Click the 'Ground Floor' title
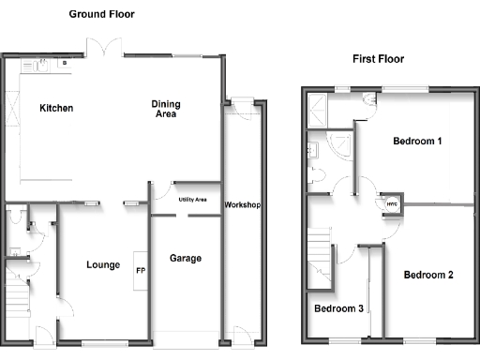(101, 14)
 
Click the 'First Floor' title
(378, 58)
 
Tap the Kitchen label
(56, 109)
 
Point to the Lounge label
(102, 265)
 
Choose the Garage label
(186, 259)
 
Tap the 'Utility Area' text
(193, 200)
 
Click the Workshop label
(242, 205)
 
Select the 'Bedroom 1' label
(417, 142)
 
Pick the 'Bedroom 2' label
(428, 276)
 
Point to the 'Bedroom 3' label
(337, 308)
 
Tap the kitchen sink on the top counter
(40, 66)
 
